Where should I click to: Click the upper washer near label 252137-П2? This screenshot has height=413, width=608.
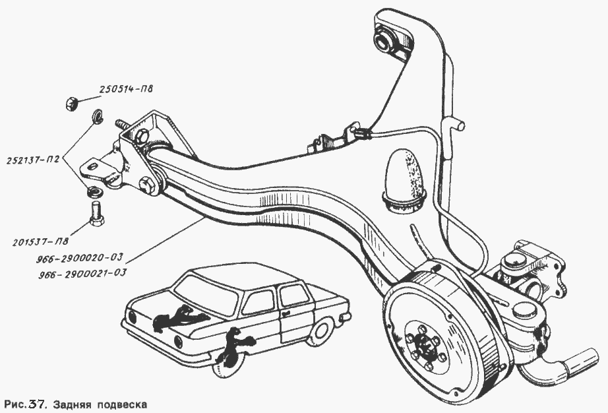96,115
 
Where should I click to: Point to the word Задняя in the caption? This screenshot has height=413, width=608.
82,402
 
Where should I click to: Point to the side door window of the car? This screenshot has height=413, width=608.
258,302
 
